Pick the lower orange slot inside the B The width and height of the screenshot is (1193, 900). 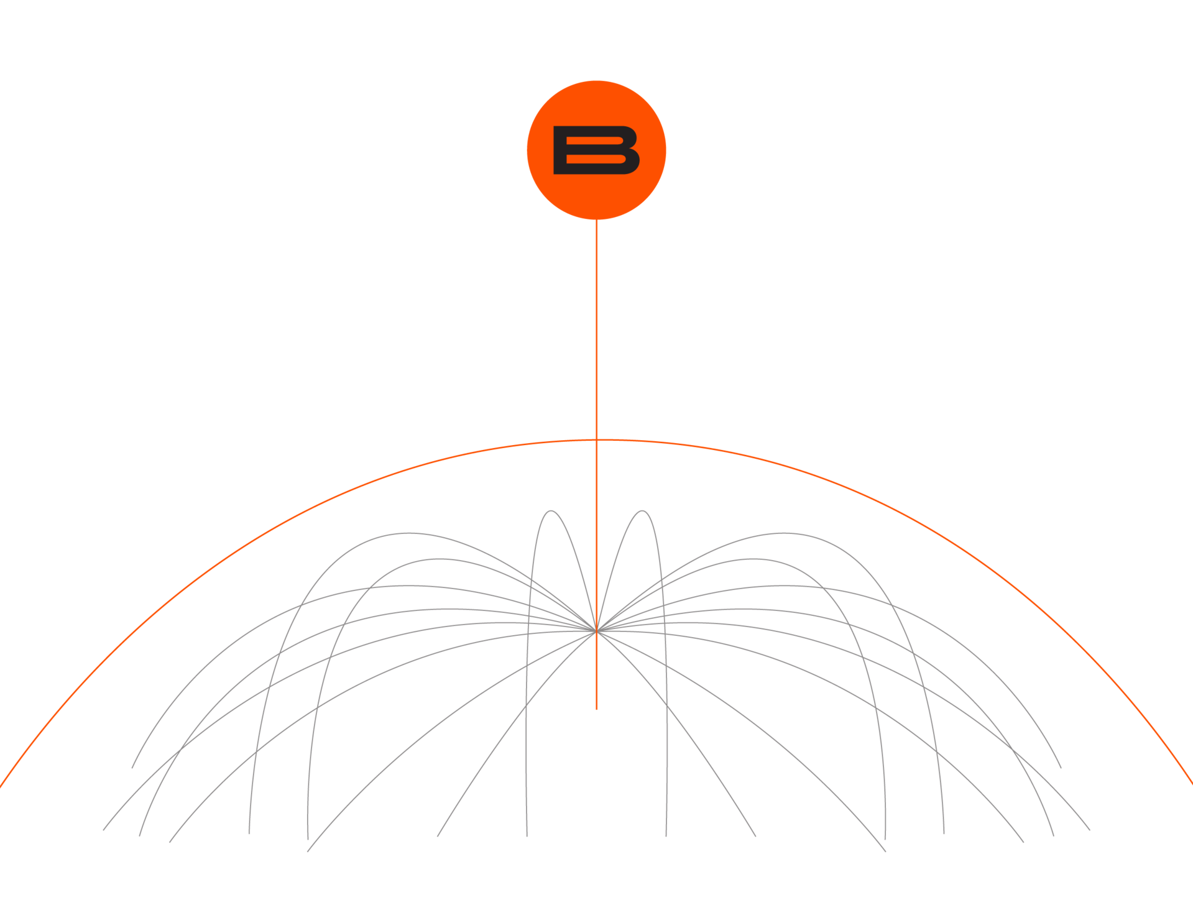(x=594, y=160)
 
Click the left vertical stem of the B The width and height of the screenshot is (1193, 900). (x=560, y=150)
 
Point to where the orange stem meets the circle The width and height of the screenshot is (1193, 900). (x=596, y=220)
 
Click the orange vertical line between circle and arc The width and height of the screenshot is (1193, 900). (x=596, y=329)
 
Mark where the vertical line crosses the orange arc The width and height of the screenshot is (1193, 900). (x=596, y=440)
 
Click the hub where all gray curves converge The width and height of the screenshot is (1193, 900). (x=596, y=629)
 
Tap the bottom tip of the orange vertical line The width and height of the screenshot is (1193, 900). (x=596, y=709)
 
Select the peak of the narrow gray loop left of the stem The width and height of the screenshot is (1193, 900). (x=551, y=511)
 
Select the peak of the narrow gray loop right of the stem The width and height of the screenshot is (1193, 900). (x=642, y=511)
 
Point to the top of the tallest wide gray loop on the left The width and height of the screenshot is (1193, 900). (x=407, y=533)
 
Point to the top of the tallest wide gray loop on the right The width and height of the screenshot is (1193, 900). (x=785, y=533)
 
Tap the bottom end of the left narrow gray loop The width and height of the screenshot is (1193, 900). (x=527, y=836)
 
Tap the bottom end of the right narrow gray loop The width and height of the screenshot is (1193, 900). (x=666, y=836)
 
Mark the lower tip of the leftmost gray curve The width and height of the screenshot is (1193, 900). (x=104, y=829)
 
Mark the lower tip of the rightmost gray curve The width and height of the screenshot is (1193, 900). (x=1089, y=829)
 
